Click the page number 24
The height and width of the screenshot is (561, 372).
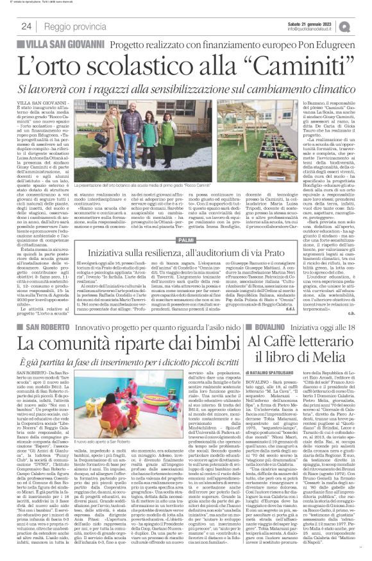point(26,26)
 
